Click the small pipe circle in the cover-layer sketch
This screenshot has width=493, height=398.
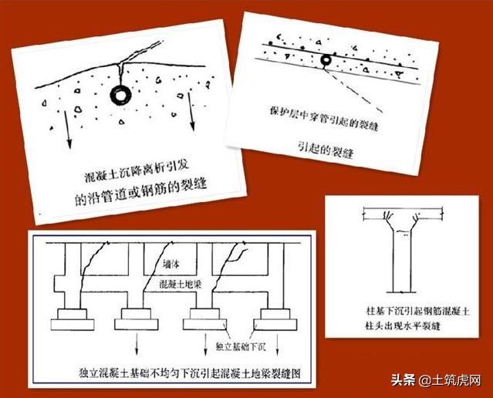tap(327, 59)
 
